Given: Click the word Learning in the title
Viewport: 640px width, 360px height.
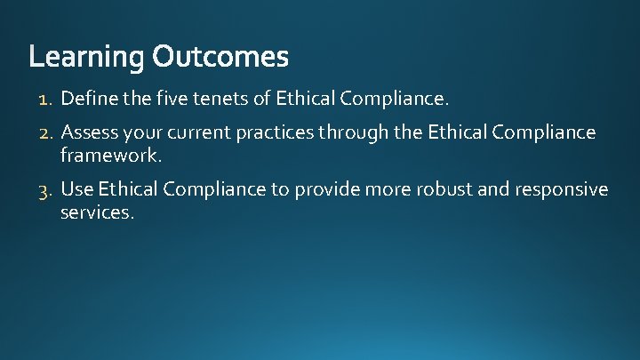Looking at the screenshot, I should [86, 59].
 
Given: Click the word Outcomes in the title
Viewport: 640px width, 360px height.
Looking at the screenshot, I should [220, 58].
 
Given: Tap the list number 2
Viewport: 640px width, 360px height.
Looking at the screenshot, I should [47, 133].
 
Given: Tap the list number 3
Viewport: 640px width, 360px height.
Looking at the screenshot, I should [47, 189].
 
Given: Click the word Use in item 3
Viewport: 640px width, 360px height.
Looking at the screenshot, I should [77, 189].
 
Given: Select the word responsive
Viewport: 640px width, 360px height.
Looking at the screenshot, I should [569, 189].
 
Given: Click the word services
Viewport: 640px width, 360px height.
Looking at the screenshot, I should [97, 212].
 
